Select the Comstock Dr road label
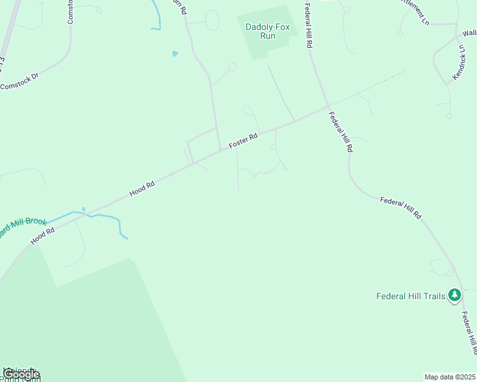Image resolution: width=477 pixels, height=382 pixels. click(19, 83)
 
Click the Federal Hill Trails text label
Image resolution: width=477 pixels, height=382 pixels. click(411, 295)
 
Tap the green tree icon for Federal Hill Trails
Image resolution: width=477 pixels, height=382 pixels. click(454, 295)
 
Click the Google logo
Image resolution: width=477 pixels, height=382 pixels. click(20, 374)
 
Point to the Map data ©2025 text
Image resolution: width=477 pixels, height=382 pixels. click(450, 377)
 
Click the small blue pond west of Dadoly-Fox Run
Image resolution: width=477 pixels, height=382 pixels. click(175, 53)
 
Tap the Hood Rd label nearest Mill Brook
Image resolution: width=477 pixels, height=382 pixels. click(43, 236)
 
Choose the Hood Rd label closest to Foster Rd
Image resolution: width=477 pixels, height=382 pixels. click(142, 188)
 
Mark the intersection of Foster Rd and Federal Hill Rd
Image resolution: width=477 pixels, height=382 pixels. click(328, 107)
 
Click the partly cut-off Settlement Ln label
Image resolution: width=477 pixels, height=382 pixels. click(415, 11)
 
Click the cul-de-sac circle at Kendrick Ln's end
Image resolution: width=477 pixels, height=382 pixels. click(449, 117)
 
